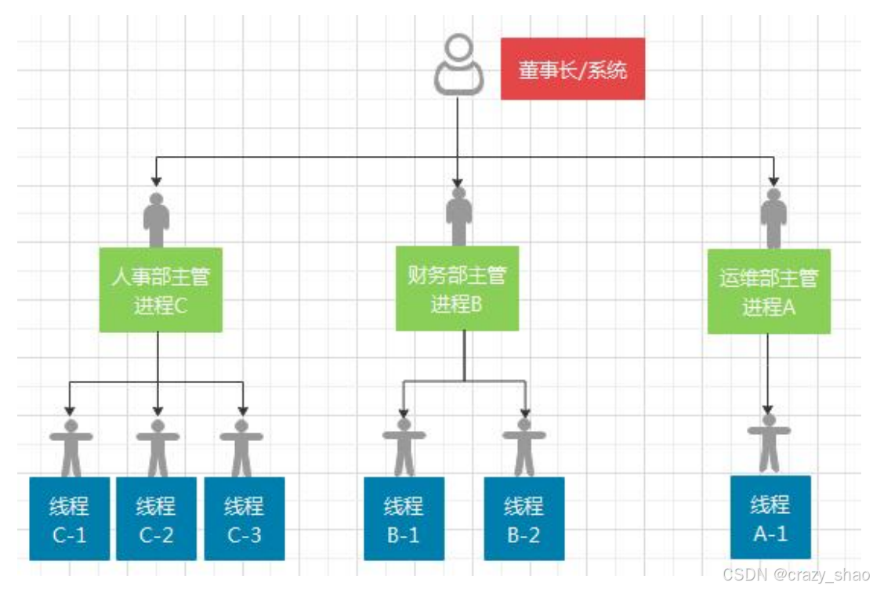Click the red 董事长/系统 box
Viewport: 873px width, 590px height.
click(x=572, y=69)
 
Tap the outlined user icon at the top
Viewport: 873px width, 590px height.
click(x=458, y=64)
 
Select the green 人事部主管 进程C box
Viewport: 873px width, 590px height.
click(x=161, y=290)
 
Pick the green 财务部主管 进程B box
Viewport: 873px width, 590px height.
click(x=457, y=288)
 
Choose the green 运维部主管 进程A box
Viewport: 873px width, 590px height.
click(x=769, y=291)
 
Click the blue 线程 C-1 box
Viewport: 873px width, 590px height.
click(x=70, y=518)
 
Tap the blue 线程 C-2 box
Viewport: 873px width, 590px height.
click(x=156, y=518)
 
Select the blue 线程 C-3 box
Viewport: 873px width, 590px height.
click(x=244, y=518)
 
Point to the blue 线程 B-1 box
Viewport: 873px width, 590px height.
click(x=404, y=518)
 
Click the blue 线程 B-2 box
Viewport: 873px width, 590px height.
click(x=523, y=518)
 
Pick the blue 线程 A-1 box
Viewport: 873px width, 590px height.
click(x=770, y=517)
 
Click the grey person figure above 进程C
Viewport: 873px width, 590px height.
click(x=157, y=220)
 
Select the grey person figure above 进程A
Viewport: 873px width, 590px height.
click(x=773, y=219)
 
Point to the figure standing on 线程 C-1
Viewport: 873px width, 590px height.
click(x=71, y=448)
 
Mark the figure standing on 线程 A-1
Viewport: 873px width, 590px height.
click(x=770, y=443)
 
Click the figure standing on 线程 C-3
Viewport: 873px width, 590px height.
click(x=241, y=448)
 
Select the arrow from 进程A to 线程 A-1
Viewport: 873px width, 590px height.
click(x=768, y=373)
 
